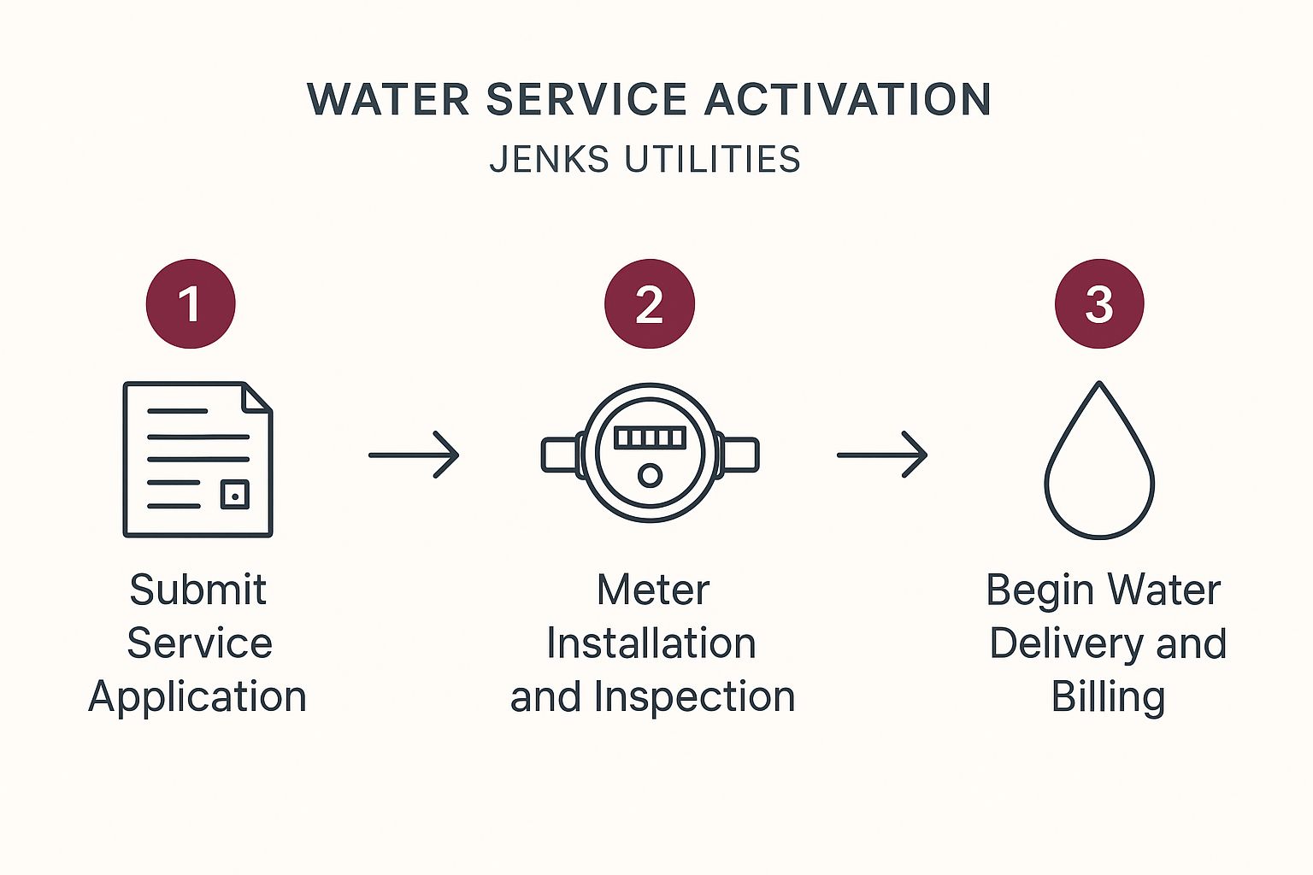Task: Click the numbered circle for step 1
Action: pos(191,303)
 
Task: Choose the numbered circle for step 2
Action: pos(650,303)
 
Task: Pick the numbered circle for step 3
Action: pos(1099,303)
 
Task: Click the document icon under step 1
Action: pos(197,459)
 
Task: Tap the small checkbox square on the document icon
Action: pos(235,495)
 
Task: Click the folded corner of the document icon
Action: pos(257,396)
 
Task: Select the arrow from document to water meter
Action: pos(415,455)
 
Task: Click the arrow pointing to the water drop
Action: pos(882,455)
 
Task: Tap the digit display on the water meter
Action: pos(650,437)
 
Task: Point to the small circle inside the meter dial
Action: pos(650,475)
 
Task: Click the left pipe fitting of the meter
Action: pos(561,455)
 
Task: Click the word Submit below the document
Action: pos(197,590)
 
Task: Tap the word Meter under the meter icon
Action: pos(653,590)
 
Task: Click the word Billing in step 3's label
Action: pos(1108,697)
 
